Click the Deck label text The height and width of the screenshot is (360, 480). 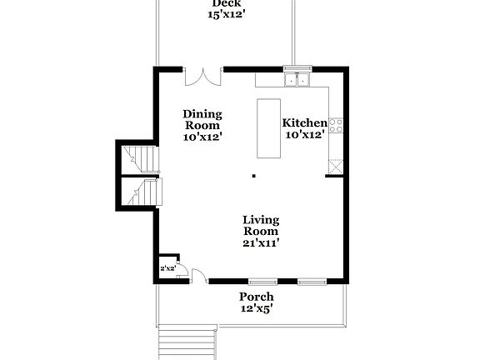click(x=220, y=3)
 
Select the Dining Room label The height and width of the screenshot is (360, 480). click(x=202, y=119)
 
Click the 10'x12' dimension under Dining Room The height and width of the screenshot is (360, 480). click(x=202, y=137)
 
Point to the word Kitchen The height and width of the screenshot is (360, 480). click(x=305, y=122)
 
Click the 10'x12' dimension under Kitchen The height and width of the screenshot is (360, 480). click(x=305, y=134)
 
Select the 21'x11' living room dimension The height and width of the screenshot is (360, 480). click(x=260, y=242)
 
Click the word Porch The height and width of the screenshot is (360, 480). click(x=256, y=297)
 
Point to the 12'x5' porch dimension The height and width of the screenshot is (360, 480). click(x=256, y=308)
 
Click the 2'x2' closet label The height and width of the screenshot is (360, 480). click(x=167, y=268)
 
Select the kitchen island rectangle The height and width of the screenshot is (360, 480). click(x=269, y=128)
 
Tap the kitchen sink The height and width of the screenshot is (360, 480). click(x=296, y=80)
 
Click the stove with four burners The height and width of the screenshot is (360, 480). click(x=337, y=125)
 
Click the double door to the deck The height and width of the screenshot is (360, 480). click(x=202, y=77)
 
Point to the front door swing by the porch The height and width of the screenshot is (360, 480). click(x=199, y=276)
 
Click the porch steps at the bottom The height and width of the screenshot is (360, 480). click(x=187, y=341)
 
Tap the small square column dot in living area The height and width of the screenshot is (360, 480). click(x=253, y=176)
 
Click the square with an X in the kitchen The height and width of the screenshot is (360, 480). click(x=336, y=166)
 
